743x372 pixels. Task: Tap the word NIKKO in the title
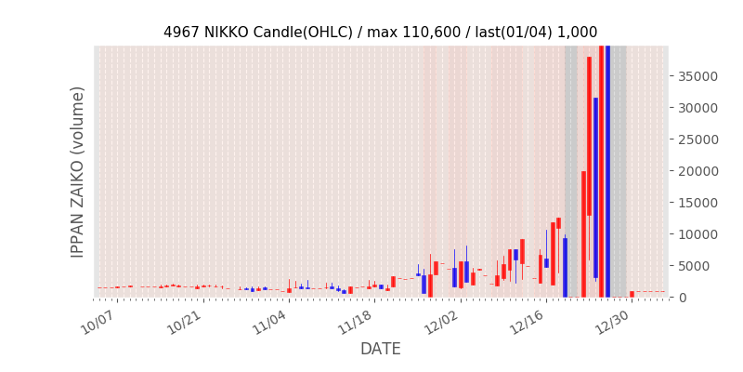[x=228, y=33]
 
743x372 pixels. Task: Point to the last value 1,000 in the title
[x=577, y=33]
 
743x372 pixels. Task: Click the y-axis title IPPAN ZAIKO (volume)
[x=78, y=172]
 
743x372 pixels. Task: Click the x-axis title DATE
[x=381, y=350]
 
